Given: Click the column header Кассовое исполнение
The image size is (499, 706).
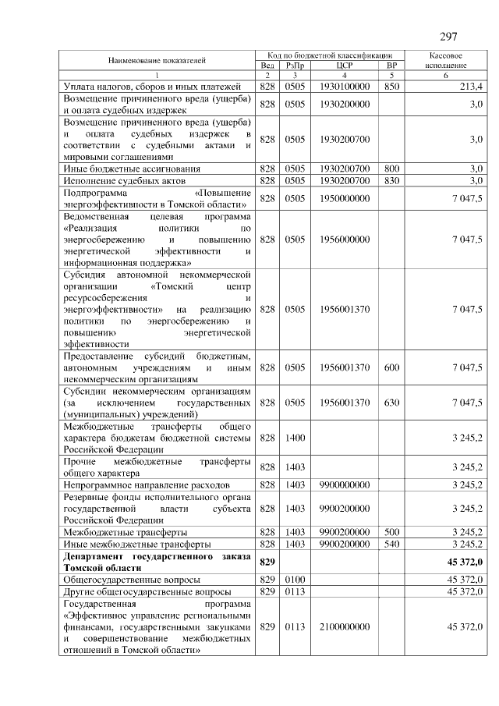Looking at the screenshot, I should coord(447,61).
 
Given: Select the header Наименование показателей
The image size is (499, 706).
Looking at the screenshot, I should coord(157,60).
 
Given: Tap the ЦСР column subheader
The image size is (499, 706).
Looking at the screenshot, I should coord(345,66).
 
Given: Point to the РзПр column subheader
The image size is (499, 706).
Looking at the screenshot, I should coord(295,66).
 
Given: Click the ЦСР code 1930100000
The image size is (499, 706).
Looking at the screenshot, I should coord(345,85).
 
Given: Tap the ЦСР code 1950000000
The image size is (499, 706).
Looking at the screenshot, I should coord(345,198).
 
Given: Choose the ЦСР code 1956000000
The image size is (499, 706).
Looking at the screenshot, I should coord(345,239).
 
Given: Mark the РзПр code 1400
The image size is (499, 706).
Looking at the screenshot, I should coord(295,438).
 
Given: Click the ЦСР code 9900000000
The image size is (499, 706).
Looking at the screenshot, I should coord(345,484).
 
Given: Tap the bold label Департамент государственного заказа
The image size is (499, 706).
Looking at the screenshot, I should coord(157,555).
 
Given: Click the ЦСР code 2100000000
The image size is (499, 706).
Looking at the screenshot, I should coord(345,626).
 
